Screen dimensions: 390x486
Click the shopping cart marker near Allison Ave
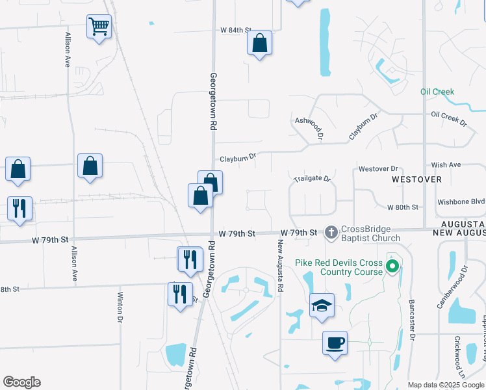point(99,27)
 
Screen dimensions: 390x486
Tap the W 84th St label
point(235,30)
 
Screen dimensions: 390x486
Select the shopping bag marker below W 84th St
point(259,44)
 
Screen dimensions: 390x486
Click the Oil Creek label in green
point(437,92)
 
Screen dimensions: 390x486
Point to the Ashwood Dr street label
point(309,129)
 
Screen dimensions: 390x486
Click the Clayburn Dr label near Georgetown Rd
point(238,157)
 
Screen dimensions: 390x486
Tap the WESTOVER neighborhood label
point(416,179)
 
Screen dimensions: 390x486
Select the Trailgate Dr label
point(312,178)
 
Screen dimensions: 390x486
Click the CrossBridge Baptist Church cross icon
point(331,232)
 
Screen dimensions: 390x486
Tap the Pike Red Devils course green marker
point(392,266)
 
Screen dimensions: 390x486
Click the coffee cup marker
point(335,342)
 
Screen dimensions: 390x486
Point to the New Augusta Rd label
point(281,266)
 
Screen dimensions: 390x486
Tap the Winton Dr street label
point(120,307)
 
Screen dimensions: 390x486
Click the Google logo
point(21,382)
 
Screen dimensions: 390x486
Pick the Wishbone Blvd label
point(461,201)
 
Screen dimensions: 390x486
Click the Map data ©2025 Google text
point(445,385)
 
